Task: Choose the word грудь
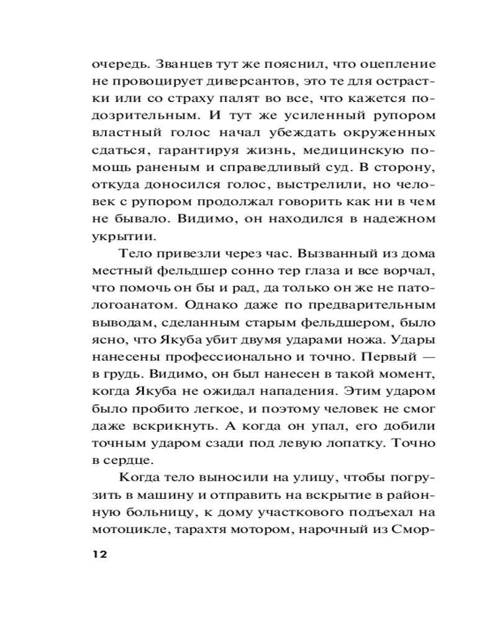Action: click(124, 376)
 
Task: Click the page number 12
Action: click(99, 554)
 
